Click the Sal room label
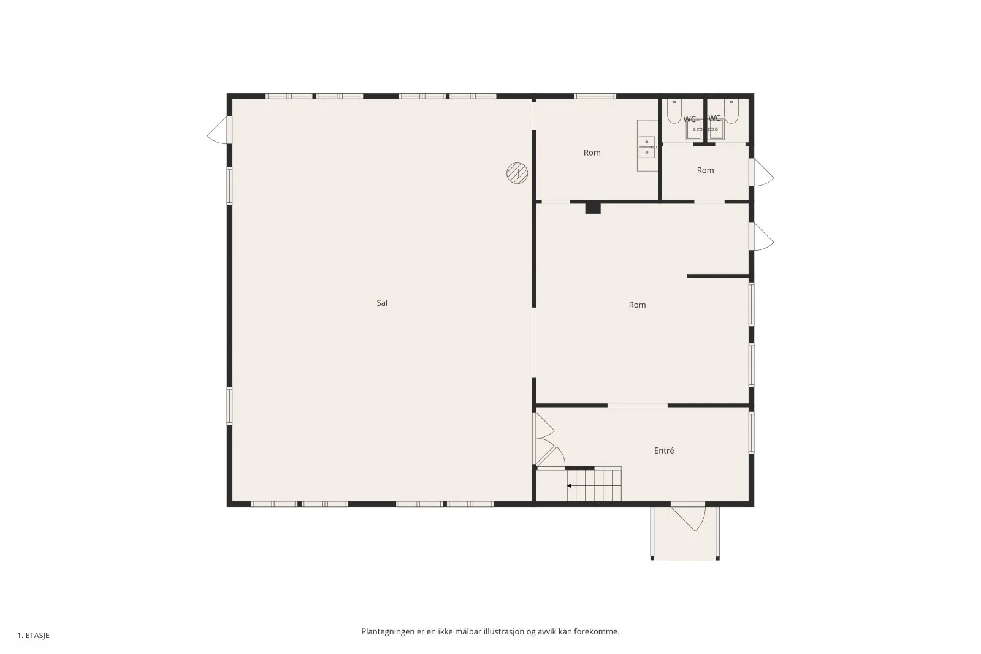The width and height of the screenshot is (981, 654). tap(382, 303)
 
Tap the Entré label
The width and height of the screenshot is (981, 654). tap(664, 451)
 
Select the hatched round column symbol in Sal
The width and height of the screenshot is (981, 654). tap(517, 173)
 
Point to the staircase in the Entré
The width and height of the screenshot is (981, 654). tap(594, 484)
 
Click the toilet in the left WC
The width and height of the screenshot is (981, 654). tap(674, 111)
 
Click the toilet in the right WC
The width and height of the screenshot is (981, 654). tap(731, 111)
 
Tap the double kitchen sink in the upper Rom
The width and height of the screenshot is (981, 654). tap(647, 147)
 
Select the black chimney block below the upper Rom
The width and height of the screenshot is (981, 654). tap(593, 208)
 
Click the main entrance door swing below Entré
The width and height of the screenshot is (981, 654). tap(689, 517)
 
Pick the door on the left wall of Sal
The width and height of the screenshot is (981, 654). tap(219, 129)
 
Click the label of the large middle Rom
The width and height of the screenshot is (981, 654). tap(637, 305)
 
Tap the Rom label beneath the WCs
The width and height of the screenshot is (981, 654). tap(705, 170)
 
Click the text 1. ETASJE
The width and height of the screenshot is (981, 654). tap(33, 636)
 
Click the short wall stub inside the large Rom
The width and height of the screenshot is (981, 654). tap(718, 276)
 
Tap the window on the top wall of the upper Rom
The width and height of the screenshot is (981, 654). tap(595, 96)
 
